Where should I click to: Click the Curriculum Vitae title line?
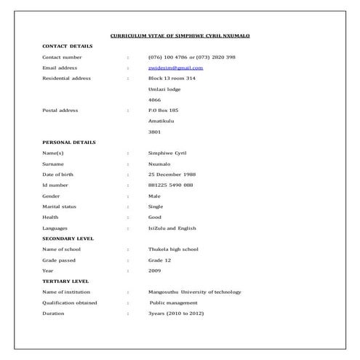pos(180,35)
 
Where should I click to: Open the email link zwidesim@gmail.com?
pos(175,68)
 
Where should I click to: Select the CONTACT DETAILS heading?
pos(67,46)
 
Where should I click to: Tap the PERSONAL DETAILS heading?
pos(68,143)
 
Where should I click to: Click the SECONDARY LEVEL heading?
pos(68,239)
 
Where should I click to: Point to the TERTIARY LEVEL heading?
pos(65,281)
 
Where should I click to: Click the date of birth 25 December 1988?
pos(172,175)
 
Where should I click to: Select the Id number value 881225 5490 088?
pos(171,185)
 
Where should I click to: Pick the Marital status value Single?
pos(156,207)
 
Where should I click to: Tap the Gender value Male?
pos(154,196)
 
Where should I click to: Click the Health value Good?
pos(155,217)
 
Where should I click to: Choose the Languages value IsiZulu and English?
pos(172,228)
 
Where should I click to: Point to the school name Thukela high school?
pos(173,249)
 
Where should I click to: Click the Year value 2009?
pos(155,271)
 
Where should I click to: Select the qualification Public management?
pos(174,303)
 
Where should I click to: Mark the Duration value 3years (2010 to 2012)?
pos(176,313)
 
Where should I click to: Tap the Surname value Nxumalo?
pos(159,164)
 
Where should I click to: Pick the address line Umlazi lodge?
pos(164,89)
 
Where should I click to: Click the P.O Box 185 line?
pos(163,111)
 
